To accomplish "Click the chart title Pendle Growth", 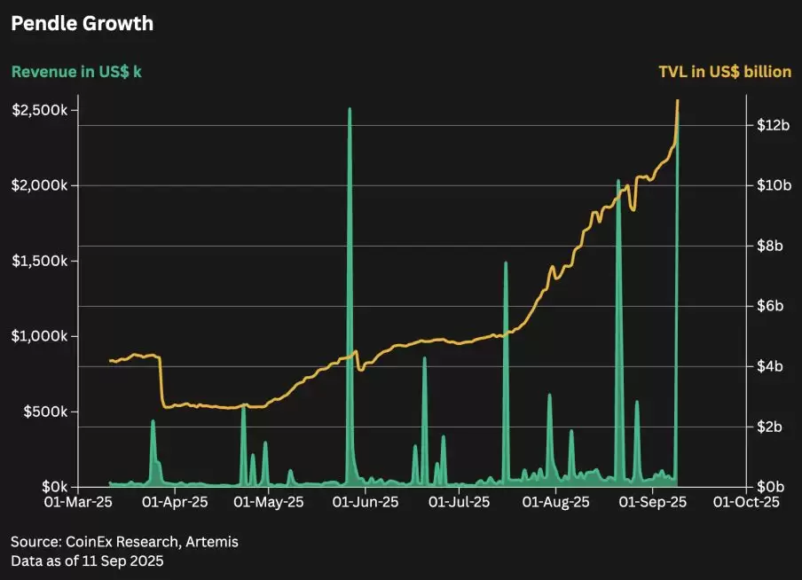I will point(82,24).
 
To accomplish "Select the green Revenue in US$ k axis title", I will point(75,72).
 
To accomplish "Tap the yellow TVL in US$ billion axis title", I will point(725,72).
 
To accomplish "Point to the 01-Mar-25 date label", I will point(79,502).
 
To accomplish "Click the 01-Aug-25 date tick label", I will point(556,502).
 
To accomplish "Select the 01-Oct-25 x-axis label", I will point(747,502).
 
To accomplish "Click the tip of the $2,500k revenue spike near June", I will point(350,109).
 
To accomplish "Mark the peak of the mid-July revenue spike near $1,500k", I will point(506,263).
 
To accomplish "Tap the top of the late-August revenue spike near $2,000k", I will point(618,181).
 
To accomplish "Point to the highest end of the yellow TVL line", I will point(678,100).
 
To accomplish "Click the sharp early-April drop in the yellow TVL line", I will point(161,381).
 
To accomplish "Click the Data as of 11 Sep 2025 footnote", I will point(87,560).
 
